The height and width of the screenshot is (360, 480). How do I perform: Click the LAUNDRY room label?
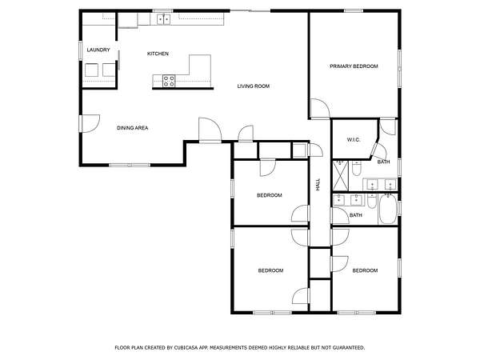(x=98, y=50)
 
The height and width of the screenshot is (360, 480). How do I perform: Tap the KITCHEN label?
(x=158, y=54)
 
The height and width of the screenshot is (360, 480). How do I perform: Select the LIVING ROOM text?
(x=254, y=86)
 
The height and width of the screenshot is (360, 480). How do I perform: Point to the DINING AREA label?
(x=133, y=128)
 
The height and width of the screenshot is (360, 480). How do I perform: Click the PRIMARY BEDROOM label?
(x=354, y=66)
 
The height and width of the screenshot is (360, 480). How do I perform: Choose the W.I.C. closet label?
(x=354, y=140)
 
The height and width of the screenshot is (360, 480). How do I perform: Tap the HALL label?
(x=318, y=185)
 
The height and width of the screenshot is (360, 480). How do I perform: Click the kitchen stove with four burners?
(x=169, y=81)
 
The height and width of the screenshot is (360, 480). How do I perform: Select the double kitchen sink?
(x=164, y=19)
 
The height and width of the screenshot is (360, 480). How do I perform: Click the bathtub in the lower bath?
(x=388, y=209)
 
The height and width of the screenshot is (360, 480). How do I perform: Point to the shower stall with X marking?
(x=341, y=176)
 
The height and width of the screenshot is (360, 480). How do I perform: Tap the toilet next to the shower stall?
(x=356, y=168)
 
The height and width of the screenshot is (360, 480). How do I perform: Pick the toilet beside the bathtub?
(x=372, y=201)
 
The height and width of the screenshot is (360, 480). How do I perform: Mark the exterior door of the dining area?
(x=90, y=123)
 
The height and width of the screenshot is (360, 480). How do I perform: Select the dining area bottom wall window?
(x=130, y=165)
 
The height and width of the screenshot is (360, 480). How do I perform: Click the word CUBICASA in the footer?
(x=186, y=348)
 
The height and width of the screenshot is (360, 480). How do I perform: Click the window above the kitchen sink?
(x=163, y=11)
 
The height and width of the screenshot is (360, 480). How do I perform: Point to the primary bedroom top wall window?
(x=354, y=11)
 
